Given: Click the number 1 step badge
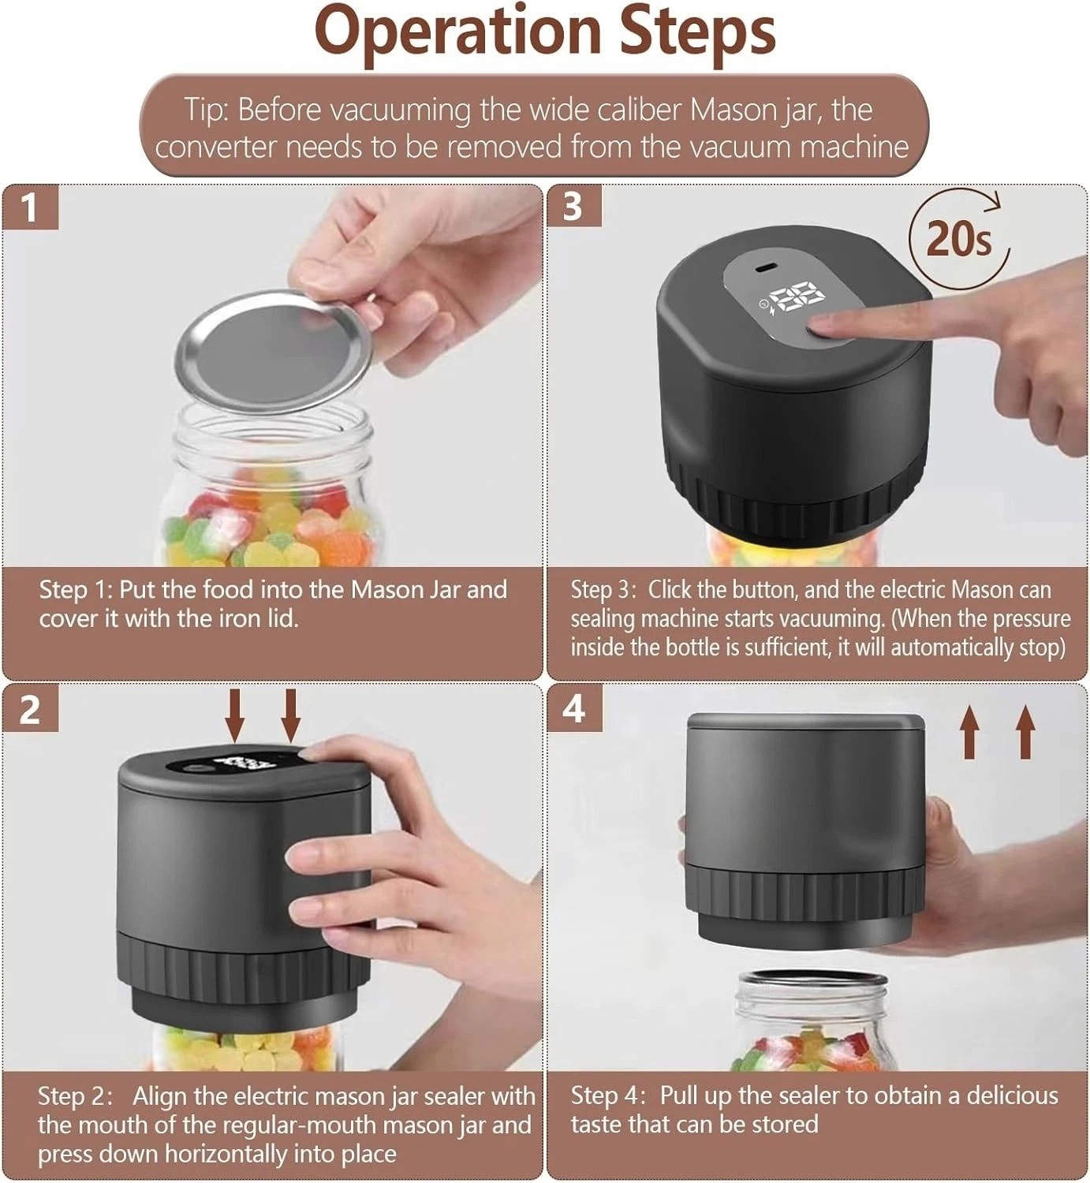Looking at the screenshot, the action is [x=31, y=207].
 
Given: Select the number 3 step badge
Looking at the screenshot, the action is [x=574, y=206].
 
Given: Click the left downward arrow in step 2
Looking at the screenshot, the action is [x=235, y=715].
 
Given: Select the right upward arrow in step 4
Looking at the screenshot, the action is [x=1026, y=732].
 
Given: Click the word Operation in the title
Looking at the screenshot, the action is [x=457, y=32].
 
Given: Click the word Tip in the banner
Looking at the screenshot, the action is [x=207, y=110].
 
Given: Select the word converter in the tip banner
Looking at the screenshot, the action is [x=215, y=147].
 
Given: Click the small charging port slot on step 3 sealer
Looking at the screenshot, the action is [x=767, y=267].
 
